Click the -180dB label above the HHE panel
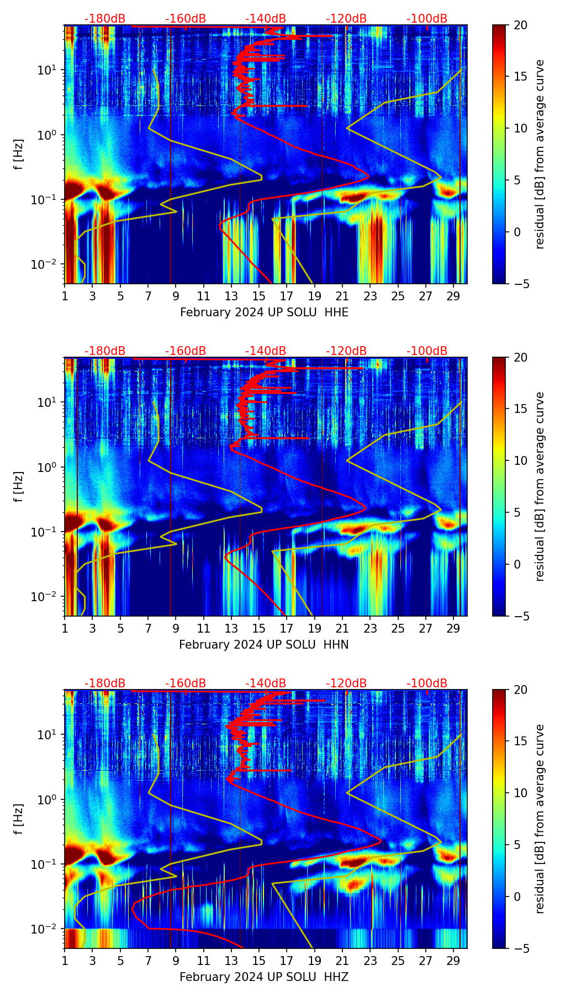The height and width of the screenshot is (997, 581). click(105, 19)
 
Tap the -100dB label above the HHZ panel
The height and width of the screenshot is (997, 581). click(427, 683)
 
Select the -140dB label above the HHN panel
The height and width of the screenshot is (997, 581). click(266, 351)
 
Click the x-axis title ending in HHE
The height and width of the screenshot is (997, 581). click(264, 312)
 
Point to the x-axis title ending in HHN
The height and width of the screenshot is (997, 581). click(263, 645)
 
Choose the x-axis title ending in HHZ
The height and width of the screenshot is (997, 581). click(263, 977)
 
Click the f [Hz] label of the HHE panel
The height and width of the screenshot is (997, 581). click(19, 155)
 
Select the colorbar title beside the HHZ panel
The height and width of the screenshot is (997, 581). click(540, 819)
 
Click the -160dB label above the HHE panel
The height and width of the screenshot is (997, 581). click(186, 19)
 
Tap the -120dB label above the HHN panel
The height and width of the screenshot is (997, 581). click(346, 351)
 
